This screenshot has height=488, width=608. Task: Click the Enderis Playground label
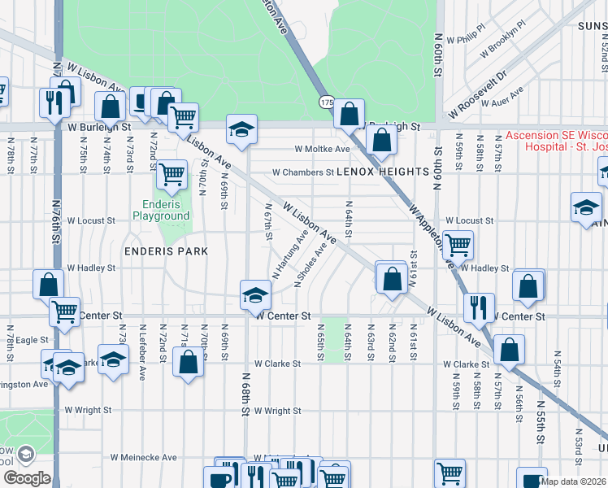161,211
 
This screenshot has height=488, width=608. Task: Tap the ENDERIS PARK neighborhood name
166,251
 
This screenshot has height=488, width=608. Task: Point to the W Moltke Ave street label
322,150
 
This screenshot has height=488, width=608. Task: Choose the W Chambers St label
302,172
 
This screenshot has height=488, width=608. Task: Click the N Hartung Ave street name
290,255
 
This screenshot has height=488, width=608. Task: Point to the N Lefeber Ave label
142,357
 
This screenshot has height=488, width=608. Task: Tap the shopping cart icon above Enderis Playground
172,174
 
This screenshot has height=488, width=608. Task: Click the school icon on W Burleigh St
241,129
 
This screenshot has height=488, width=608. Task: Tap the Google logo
27,478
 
